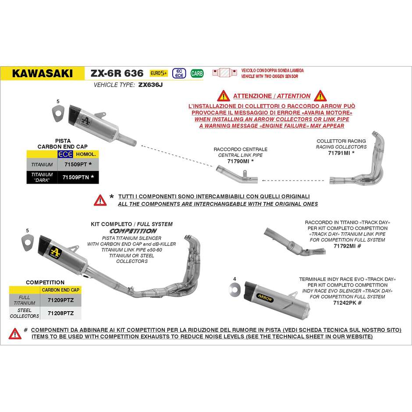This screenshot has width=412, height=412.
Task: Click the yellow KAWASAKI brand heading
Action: (x=43, y=74)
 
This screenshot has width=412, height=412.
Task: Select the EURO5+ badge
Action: (x=159, y=73)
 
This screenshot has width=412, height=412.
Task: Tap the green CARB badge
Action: (x=197, y=73)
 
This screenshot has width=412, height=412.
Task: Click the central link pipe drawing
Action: (x=237, y=178)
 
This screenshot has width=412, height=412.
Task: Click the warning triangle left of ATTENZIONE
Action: (x=223, y=96)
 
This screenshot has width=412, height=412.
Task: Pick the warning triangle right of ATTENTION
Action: (x=320, y=96)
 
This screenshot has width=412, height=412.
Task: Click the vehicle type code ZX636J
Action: (x=150, y=85)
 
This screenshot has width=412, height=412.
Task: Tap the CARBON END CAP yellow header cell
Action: (x=61, y=290)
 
